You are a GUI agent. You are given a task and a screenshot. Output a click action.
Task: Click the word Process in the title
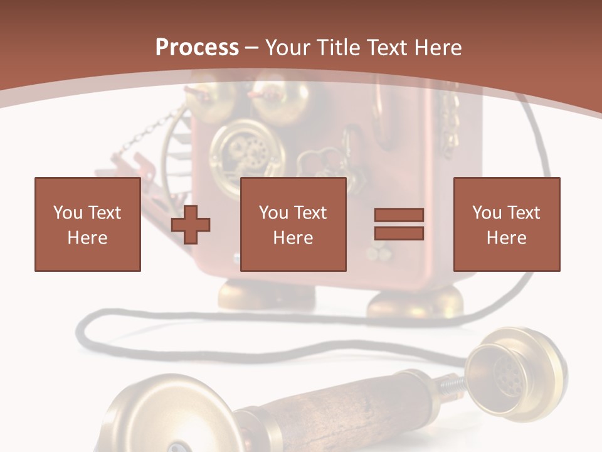point(197,48)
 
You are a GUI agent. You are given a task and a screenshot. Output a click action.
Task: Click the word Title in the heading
point(339,48)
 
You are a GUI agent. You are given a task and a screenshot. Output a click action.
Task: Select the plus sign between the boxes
point(191,224)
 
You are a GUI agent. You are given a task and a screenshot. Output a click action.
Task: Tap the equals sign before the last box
point(399,224)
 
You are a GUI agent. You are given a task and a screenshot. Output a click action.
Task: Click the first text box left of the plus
point(87,224)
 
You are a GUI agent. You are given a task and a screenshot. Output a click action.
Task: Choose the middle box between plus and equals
point(293,224)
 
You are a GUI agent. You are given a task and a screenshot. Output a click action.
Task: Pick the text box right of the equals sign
point(506,224)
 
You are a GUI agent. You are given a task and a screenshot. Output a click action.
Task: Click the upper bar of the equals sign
point(399,215)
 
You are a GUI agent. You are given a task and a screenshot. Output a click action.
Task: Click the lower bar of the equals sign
point(399,233)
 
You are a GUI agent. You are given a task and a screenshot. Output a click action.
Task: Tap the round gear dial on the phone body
point(246,154)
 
